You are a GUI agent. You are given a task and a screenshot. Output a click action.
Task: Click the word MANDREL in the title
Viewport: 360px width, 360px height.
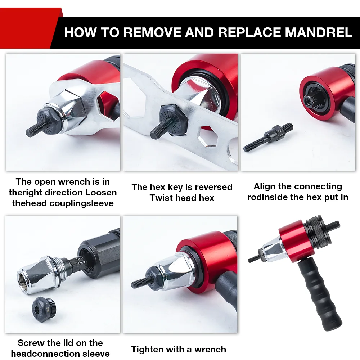(x=319, y=32)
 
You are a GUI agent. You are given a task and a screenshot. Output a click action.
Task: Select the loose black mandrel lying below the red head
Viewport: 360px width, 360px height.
(x=268, y=138)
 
